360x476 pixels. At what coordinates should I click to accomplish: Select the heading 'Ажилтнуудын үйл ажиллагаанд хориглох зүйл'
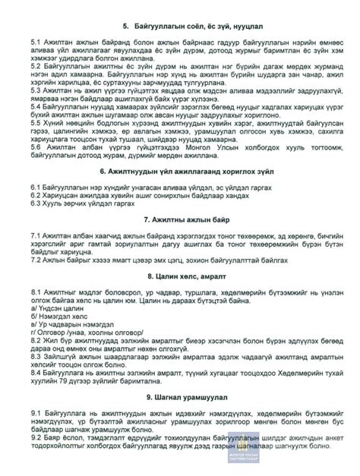pyautogui.click(x=180, y=172)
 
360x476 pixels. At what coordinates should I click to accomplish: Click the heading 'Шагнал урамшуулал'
pyautogui.click(x=180, y=419)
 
